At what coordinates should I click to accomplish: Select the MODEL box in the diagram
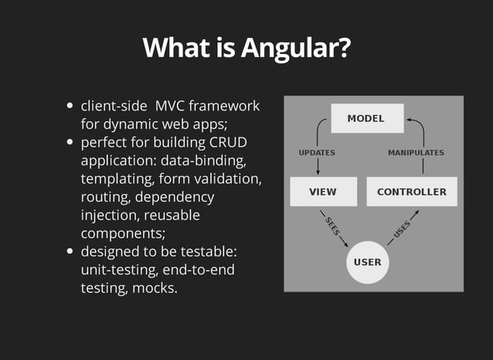point(365,119)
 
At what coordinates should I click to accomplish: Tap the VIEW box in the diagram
point(322,192)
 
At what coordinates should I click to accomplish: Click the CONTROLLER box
point(411,192)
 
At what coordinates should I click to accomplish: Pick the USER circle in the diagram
point(367,262)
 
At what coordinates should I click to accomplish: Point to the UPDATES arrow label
point(317,153)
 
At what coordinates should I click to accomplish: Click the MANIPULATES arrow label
point(416,153)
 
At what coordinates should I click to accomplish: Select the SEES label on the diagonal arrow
point(332,227)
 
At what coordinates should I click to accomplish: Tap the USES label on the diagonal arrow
point(402,227)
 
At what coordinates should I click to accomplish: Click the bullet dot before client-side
point(70,107)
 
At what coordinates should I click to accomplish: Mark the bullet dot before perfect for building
point(70,143)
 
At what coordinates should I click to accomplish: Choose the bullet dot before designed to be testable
point(70,252)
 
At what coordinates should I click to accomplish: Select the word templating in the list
point(116,179)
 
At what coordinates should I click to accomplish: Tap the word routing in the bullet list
point(105,198)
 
